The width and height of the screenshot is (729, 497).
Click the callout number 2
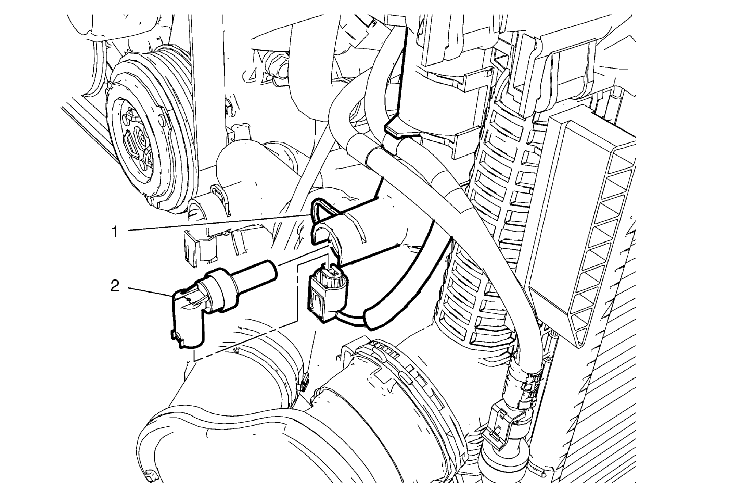pyautogui.click(x=115, y=286)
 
